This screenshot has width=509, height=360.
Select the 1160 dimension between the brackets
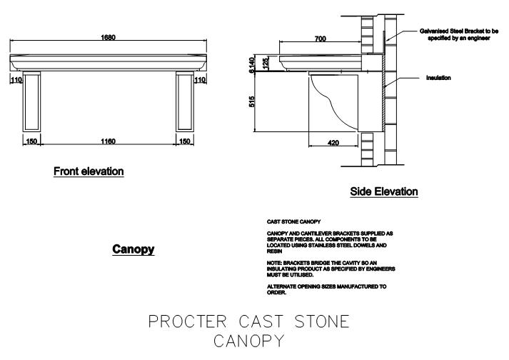[109, 141]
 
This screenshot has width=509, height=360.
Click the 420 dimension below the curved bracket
[333, 143]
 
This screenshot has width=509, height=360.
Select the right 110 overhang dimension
[200, 79]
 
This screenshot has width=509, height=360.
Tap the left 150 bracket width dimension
[31, 141]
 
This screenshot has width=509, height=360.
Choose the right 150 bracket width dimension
[185, 141]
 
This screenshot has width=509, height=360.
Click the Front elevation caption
[89, 171]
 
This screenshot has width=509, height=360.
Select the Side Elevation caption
[384, 191]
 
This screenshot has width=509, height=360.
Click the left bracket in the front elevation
[31, 101]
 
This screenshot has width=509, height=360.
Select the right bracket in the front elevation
[185, 101]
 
